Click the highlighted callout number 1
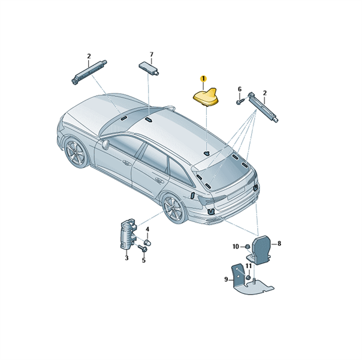[203, 79]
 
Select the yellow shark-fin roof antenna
[206, 97]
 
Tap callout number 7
[152, 55]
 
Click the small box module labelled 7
[149, 68]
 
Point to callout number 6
[240, 89]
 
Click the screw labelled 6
[240, 101]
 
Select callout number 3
[126, 257]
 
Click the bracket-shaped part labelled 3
[128, 235]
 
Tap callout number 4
[147, 229]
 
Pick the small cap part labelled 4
[147, 242]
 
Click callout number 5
[144, 260]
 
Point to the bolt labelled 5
[143, 249]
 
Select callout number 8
[279, 244]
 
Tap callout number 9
[226, 280]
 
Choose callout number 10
[236, 247]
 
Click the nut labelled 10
[246, 247]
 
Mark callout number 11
[248, 266]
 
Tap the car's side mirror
[105, 145]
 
